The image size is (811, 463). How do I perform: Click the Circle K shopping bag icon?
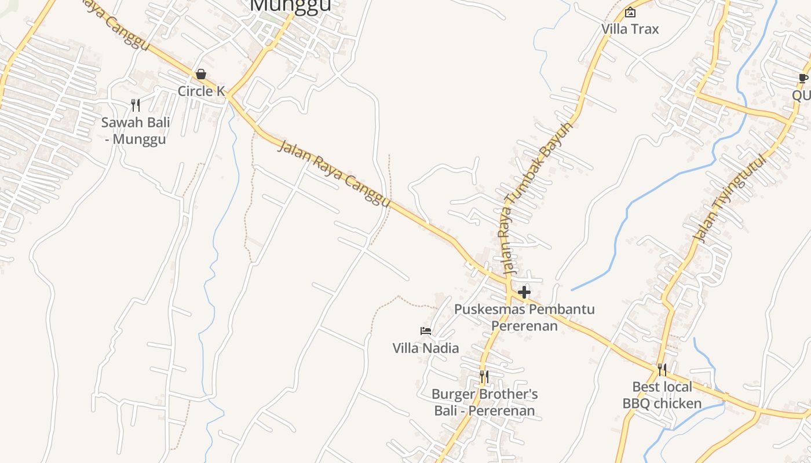tap(200, 74)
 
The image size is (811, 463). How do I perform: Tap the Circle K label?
tap(201, 91)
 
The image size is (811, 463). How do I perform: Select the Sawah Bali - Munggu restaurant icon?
tap(136, 105)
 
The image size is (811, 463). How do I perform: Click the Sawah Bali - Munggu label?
tap(136, 131)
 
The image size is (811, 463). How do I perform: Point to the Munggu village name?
tap(291, 5)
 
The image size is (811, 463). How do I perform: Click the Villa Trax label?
tap(630, 29)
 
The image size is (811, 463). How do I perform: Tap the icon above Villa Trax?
tap(630, 12)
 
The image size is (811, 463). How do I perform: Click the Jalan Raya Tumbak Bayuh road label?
tap(537, 197)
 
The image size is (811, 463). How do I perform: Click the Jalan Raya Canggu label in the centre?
tap(334, 173)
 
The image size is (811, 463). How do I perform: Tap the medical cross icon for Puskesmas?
tap(524, 292)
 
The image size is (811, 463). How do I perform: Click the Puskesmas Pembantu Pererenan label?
tap(524, 317)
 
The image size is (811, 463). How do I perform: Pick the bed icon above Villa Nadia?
tap(426, 331)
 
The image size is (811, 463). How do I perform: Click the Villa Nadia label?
tap(426, 348)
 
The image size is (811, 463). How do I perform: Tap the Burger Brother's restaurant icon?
tap(484, 377)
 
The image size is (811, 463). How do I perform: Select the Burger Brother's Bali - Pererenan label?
tap(484, 402)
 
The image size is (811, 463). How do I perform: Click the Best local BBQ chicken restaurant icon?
tap(662, 369)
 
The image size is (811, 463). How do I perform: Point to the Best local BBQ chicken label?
tap(662, 395)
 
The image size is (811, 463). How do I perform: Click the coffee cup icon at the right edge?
tap(803, 78)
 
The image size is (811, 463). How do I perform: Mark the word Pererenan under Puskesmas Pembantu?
tap(524, 326)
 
